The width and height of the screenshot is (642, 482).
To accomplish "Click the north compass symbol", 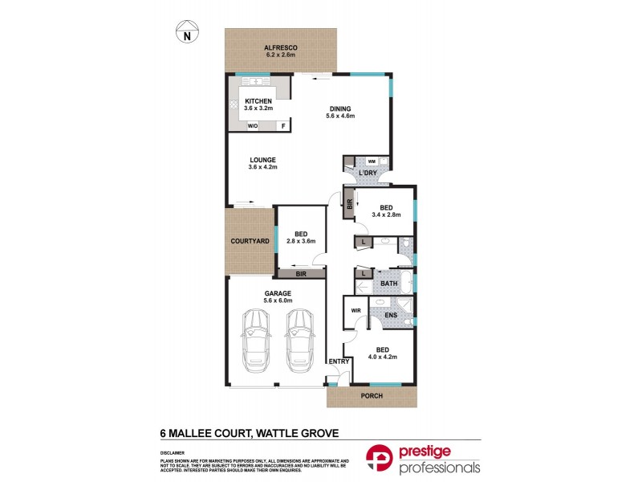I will point(187,32).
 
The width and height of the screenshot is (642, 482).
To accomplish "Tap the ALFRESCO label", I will point(281,49).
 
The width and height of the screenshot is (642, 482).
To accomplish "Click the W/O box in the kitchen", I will point(252,126).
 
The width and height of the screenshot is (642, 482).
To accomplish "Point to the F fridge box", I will point(282,126).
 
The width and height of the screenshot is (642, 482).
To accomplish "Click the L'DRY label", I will point(368,174).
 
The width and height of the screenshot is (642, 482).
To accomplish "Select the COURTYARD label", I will point(250,241).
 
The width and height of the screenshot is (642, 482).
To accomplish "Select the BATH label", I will point(388,284).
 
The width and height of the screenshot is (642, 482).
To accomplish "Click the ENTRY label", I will point(338,361).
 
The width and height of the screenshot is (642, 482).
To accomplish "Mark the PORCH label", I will point(372,397).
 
